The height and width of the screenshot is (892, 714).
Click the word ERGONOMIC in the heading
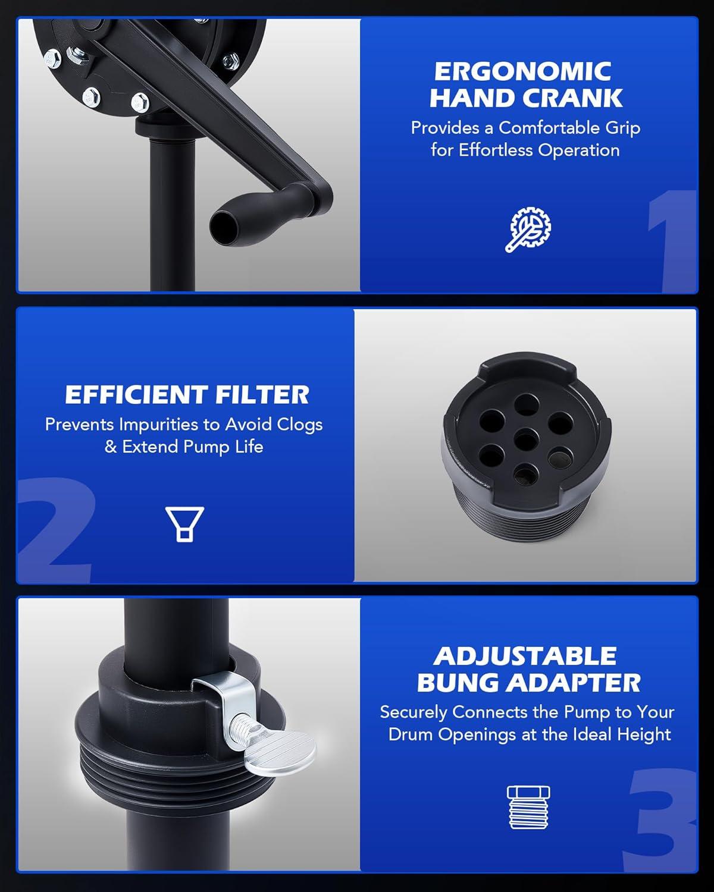click(x=522, y=71)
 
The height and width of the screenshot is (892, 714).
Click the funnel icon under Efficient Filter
click(x=184, y=524)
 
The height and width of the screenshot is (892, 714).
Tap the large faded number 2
click(x=56, y=530)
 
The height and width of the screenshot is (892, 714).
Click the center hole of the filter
click(x=526, y=440)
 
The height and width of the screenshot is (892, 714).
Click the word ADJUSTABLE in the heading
click(x=525, y=656)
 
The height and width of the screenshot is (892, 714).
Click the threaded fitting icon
click(x=528, y=808)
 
